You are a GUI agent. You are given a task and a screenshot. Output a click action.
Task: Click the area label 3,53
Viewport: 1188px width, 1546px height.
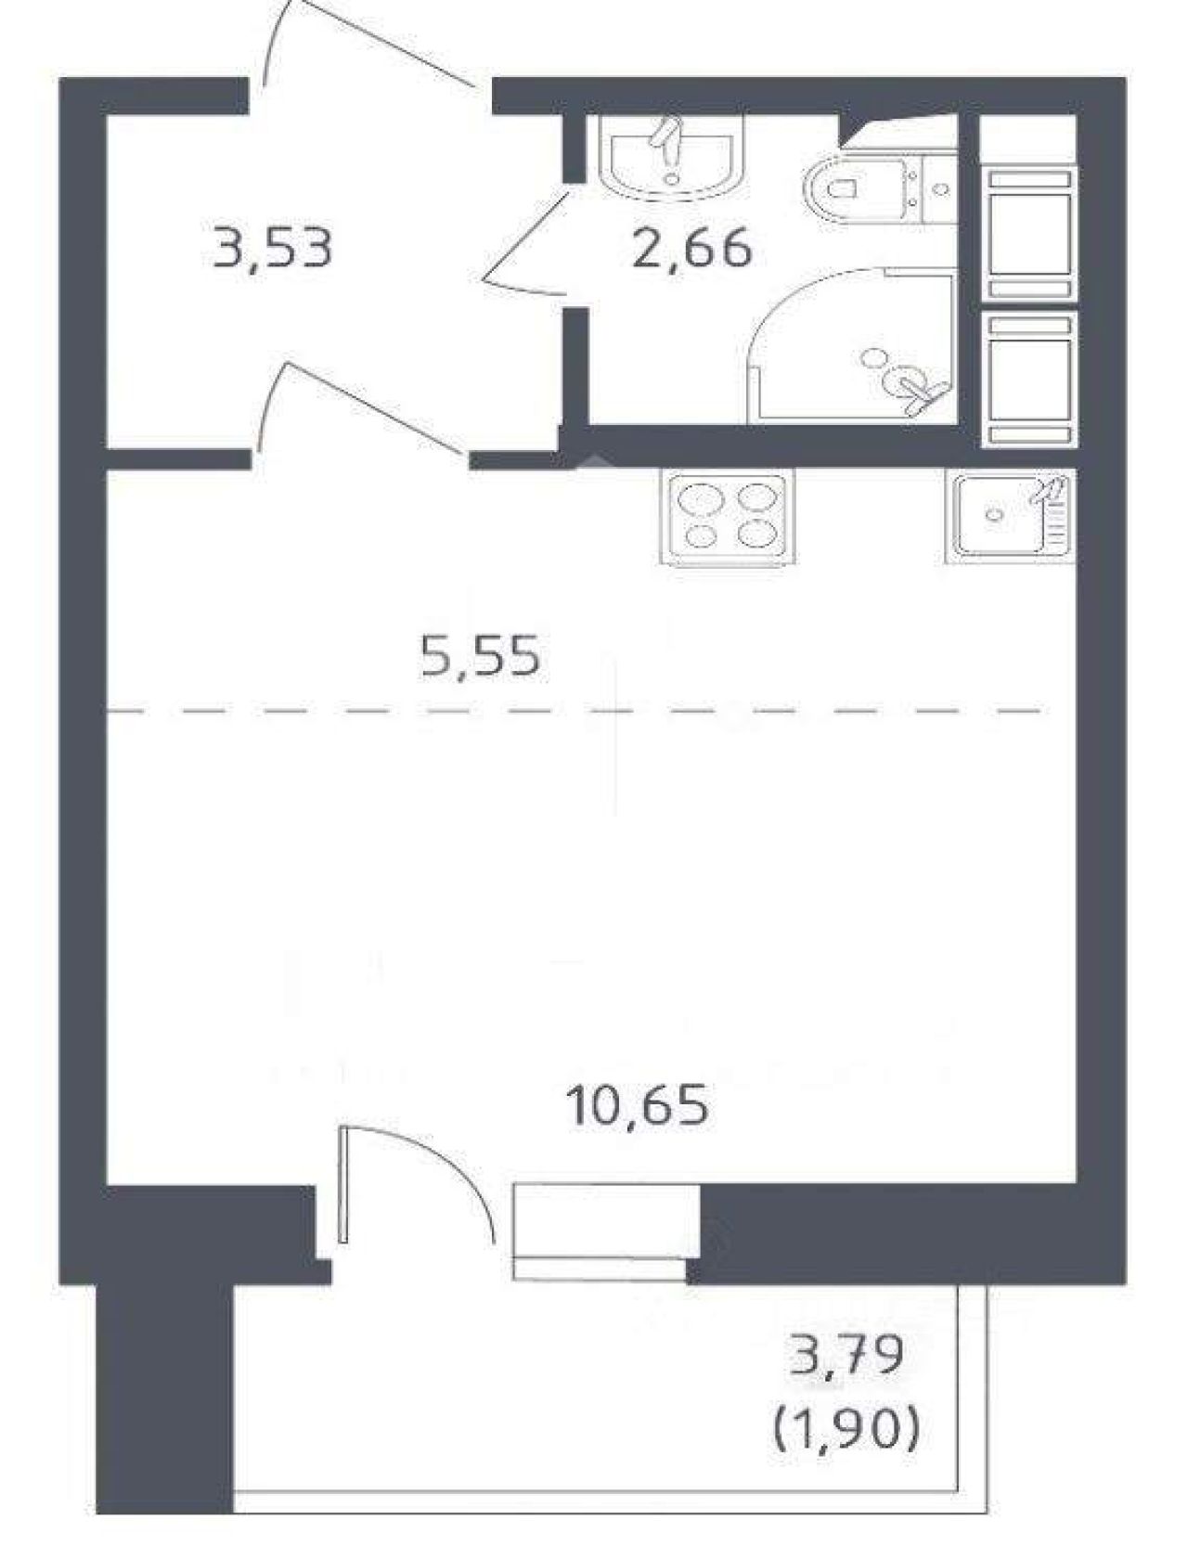click(272, 249)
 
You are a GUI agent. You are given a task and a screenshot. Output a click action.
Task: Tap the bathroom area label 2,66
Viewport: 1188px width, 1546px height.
click(691, 249)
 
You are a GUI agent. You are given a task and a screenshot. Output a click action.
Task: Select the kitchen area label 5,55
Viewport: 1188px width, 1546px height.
click(480, 656)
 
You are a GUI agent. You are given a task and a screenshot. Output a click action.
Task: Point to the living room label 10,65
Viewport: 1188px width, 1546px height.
click(640, 1106)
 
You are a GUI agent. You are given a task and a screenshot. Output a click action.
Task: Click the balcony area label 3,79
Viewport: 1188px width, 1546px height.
click(846, 1355)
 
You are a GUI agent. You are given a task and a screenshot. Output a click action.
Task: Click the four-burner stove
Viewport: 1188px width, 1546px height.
click(728, 516)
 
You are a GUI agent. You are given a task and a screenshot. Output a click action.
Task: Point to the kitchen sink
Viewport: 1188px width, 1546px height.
click(1011, 516)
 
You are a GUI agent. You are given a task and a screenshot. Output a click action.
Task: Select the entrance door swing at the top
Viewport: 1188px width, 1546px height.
click(371, 43)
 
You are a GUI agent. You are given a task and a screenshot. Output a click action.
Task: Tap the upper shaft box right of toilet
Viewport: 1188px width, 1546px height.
click(1030, 234)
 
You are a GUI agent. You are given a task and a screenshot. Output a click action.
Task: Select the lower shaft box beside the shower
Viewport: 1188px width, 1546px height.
click(1030, 379)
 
